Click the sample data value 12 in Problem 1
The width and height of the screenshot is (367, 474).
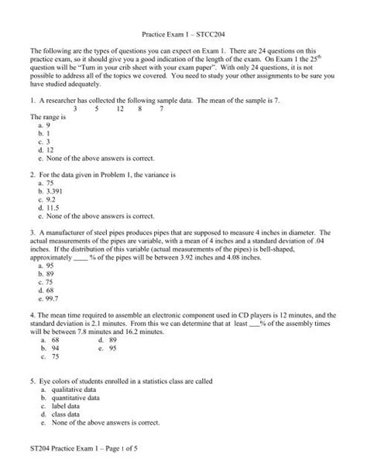click(x=120, y=109)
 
